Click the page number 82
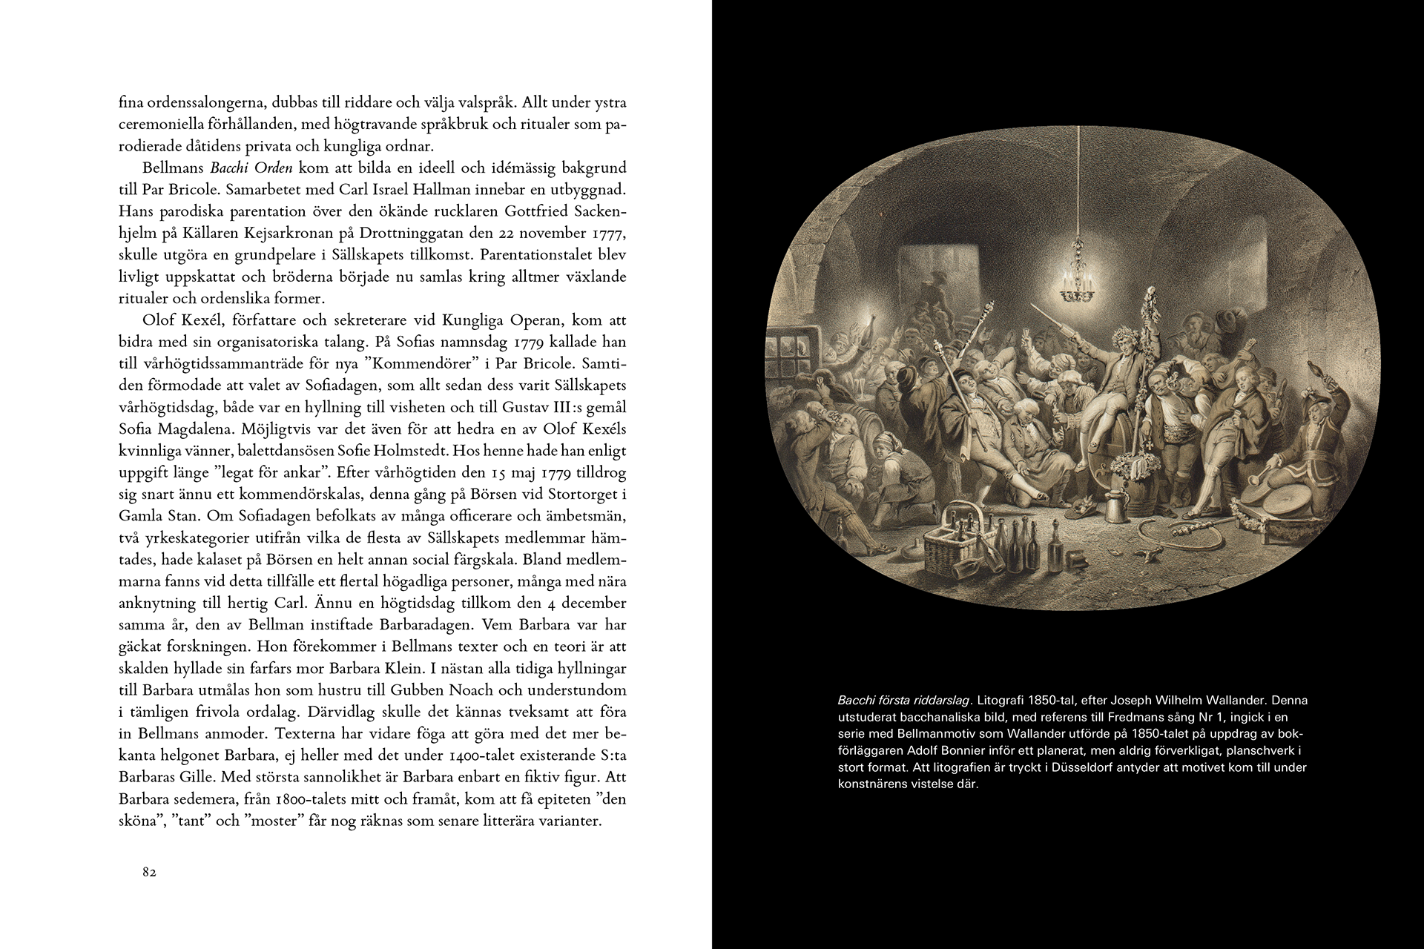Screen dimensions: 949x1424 pyautogui.click(x=149, y=873)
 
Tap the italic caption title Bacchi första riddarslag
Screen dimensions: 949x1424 pyautogui.click(x=903, y=701)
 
